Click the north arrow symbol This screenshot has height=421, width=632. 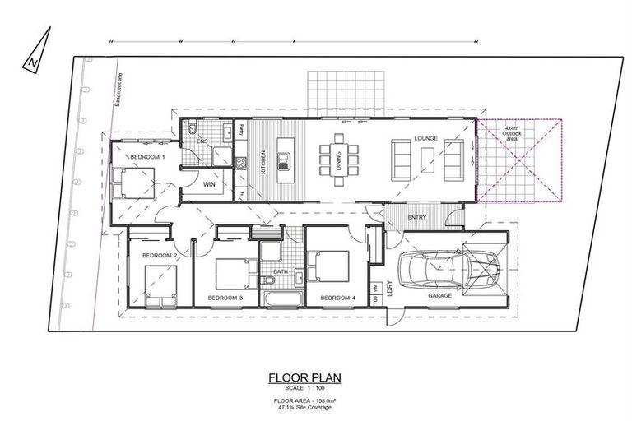point(34,50)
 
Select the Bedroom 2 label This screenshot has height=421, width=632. point(160,256)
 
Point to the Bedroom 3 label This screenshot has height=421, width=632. point(225,297)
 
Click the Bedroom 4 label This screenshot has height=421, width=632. point(337,297)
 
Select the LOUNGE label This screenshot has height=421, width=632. point(425,138)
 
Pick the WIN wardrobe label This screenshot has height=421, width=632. point(209,185)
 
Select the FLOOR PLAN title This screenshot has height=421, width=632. point(304,378)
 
